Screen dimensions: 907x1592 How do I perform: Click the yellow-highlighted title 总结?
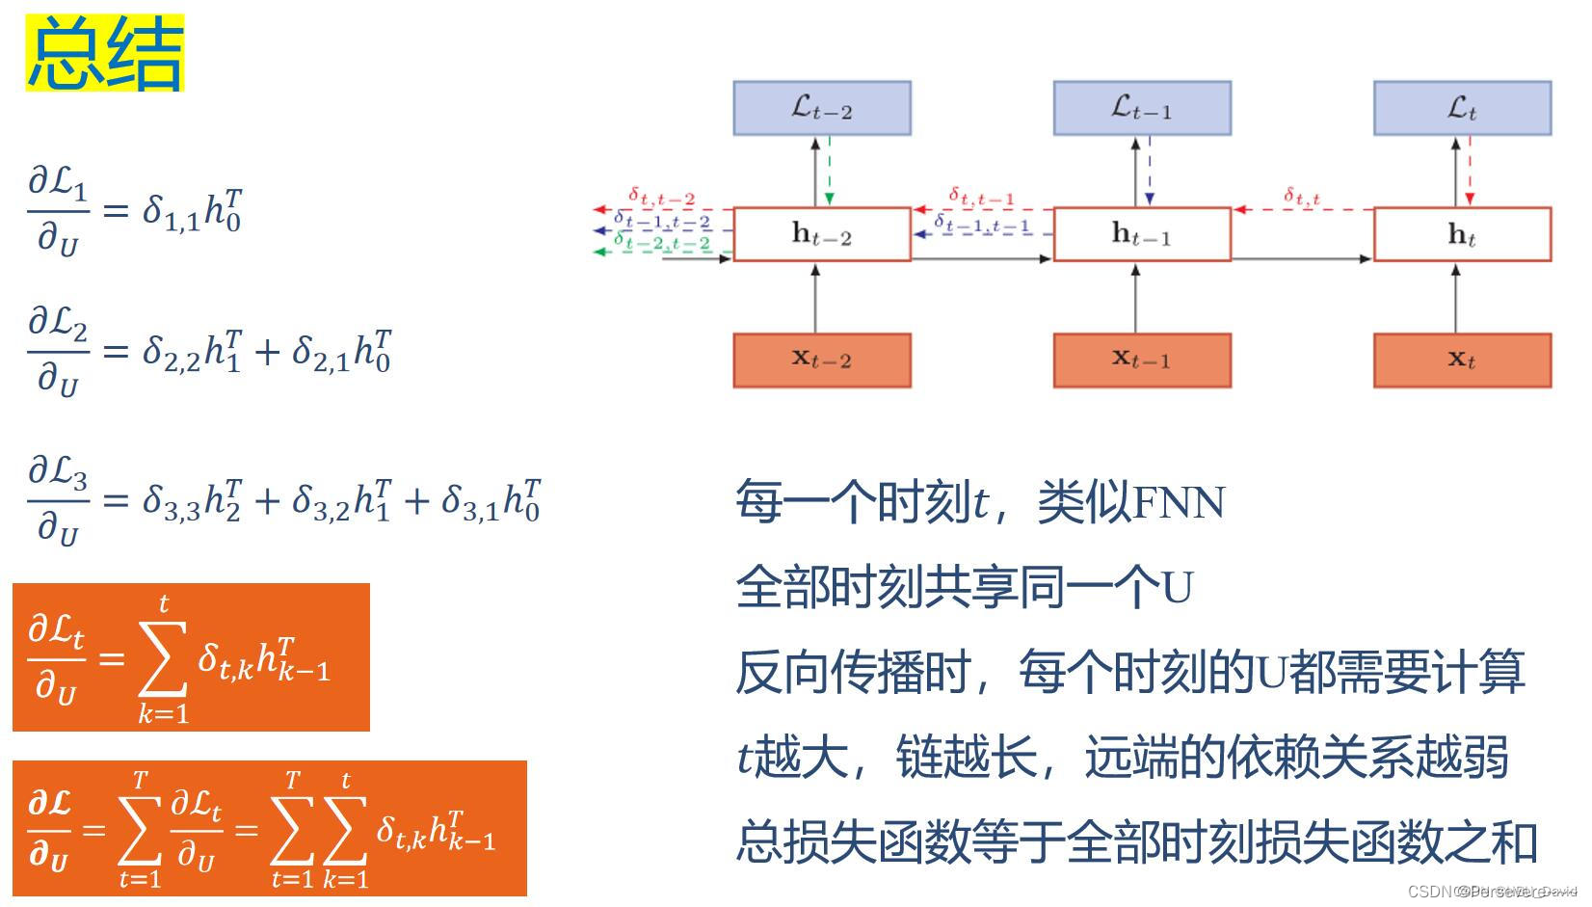coord(104,55)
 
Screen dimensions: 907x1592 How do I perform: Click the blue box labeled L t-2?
coord(821,108)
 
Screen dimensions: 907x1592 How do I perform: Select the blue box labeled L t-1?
coord(1141,108)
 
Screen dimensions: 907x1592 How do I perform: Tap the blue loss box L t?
coord(1461,108)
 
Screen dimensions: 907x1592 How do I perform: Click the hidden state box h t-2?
coord(821,234)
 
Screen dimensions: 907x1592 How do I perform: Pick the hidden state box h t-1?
coord(1141,234)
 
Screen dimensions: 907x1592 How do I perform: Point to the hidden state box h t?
coord(1461,234)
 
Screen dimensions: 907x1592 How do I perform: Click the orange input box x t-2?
coord(821,360)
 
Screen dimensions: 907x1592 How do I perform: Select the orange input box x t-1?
coord(1141,360)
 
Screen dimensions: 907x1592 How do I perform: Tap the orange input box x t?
coord(1461,360)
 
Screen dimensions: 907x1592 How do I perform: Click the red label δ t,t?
coord(1301,197)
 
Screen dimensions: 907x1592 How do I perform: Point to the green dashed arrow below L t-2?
coord(830,171)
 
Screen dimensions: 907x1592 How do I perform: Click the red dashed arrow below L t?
coord(1470,171)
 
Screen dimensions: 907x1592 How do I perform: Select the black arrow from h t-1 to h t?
coord(1301,258)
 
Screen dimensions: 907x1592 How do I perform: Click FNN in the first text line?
coord(1178,502)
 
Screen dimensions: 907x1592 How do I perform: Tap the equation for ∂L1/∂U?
coord(135,210)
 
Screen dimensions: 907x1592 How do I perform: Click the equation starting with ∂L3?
coord(284,499)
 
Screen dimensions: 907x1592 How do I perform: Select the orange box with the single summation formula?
coord(191,657)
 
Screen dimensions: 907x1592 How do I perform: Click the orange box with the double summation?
coord(269,829)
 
